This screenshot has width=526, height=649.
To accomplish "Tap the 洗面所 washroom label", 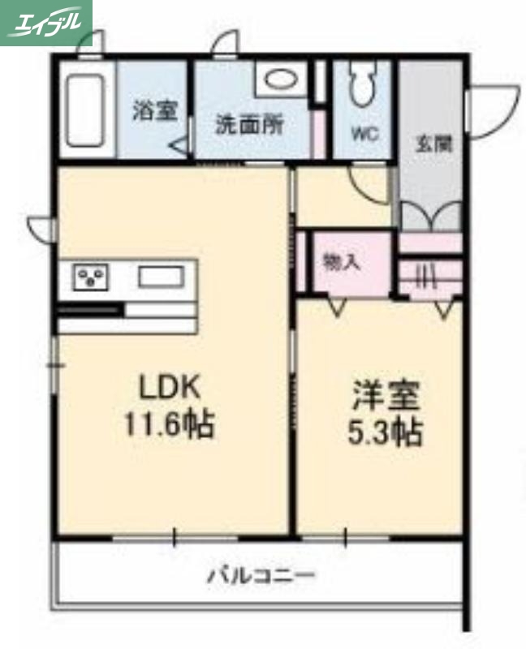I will [x=249, y=126].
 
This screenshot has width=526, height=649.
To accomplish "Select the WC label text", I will [x=364, y=135].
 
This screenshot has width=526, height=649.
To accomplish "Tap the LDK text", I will [x=169, y=388].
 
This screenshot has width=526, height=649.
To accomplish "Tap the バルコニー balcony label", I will [x=261, y=577].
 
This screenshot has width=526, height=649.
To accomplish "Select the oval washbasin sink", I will [x=280, y=80].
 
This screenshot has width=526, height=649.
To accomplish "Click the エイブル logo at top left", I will [x=46, y=22].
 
